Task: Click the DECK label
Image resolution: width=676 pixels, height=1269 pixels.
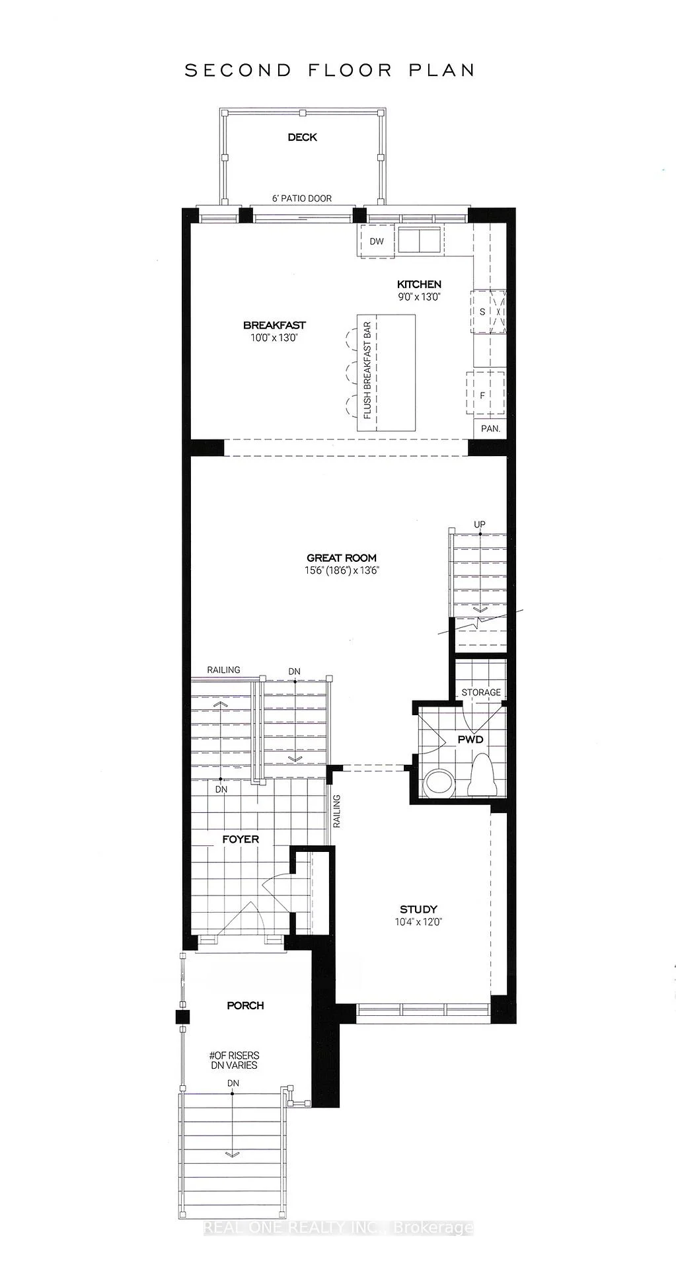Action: (x=302, y=137)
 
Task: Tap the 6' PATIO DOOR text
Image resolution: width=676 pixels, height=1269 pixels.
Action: (x=302, y=198)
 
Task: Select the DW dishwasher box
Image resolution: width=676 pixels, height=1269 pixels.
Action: (x=376, y=241)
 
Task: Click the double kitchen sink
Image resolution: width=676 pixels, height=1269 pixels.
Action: (x=419, y=239)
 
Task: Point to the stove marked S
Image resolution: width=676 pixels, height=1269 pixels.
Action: (x=488, y=311)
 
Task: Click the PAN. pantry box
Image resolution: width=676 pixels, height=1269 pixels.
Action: (x=490, y=428)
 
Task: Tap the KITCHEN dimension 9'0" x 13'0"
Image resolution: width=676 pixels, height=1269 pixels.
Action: (x=419, y=297)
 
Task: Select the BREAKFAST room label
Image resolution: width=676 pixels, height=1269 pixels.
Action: (x=274, y=325)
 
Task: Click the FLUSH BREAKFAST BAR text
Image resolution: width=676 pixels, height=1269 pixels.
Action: (x=367, y=370)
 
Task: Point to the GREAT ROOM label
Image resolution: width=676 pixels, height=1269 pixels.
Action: (x=342, y=558)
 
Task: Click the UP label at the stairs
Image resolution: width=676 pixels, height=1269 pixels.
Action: (x=480, y=524)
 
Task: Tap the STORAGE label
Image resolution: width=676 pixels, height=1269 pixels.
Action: (x=481, y=692)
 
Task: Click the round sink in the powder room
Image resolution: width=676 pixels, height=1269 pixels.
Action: (x=439, y=783)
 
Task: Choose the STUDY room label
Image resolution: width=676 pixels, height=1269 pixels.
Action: (x=418, y=909)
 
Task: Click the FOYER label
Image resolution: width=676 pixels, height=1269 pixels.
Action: (x=241, y=839)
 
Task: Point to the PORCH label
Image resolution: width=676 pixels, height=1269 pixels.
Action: (x=245, y=1005)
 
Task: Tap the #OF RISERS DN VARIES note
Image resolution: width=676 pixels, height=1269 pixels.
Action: (x=234, y=1060)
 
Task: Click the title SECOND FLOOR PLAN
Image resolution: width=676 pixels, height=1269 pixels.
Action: (x=330, y=70)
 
